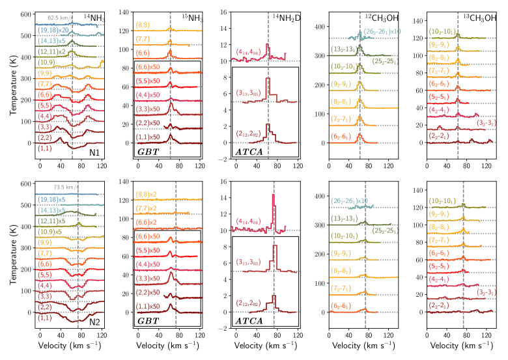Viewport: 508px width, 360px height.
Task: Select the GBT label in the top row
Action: [148, 152]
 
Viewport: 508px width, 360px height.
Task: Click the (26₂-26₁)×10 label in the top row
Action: [382, 31]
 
